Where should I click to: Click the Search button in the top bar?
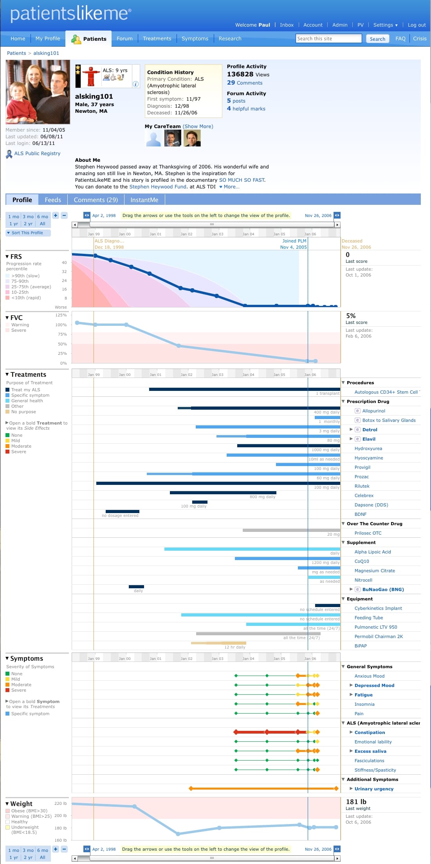point(377,39)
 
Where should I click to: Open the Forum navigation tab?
point(124,38)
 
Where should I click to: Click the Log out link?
point(417,25)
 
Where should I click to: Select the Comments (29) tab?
point(96,200)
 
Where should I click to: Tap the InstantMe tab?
point(144,200)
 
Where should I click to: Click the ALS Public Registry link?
point(37,154)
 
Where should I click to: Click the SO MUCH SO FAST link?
point(242,180)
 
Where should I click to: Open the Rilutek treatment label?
point(362,486)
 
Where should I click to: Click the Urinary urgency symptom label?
point(374,789)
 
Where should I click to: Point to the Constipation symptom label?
point(370,732)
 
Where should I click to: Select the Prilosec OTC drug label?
point(368,533)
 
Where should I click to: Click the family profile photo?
point(38,92)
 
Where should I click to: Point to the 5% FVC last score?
point(351,316)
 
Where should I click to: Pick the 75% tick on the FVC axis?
point(62,334)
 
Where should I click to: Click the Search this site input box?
point(329,38)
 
